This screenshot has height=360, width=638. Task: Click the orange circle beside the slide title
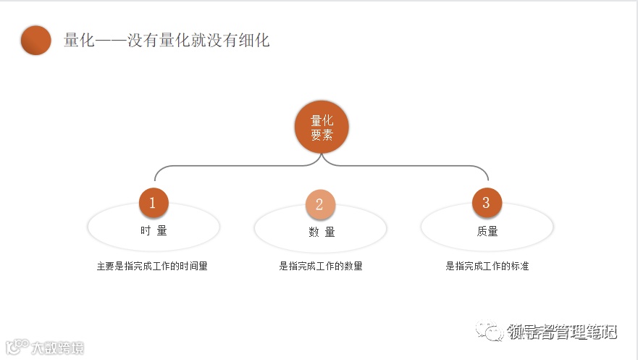[36, 41]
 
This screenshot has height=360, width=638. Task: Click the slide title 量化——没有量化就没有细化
[167, 41]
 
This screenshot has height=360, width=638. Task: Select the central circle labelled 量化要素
[322, 127]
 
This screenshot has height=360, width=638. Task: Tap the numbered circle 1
[153, 203]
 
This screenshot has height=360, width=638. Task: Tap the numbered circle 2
[320, 205]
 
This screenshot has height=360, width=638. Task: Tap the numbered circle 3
[486, 203]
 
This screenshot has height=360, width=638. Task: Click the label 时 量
[154, 231]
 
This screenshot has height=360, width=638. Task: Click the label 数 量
[322, 232]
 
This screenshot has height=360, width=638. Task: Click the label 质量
[487, 231]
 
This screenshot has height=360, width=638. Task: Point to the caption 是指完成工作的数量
[321, 266]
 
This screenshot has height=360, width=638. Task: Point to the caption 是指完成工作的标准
[487, 266]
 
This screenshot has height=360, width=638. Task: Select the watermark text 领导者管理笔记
[562, 332]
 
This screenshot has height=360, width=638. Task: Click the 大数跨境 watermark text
[57, 348]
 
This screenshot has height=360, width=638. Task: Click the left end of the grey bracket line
[155, 178]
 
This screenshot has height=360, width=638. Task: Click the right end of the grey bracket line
[489, 178]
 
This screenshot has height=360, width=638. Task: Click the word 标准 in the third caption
[520, 266]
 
